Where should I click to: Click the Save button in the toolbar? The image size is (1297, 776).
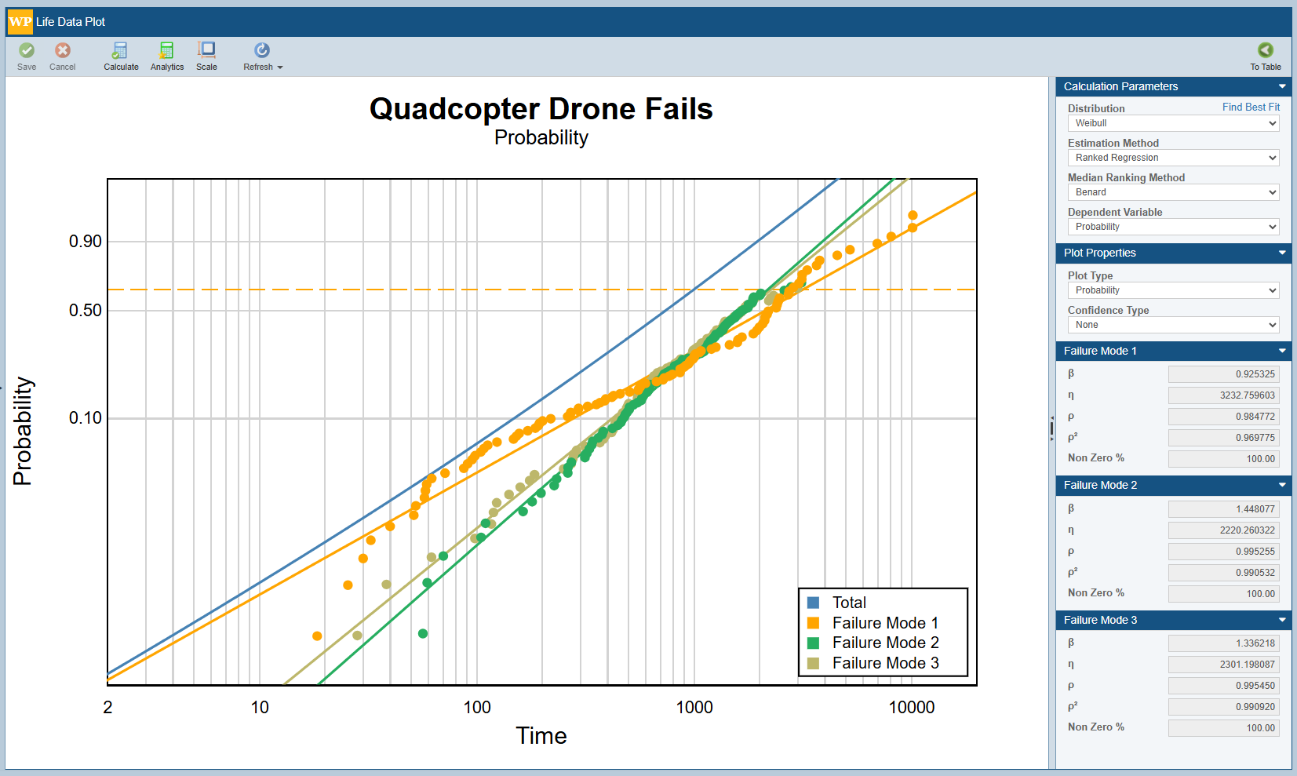[27, 56]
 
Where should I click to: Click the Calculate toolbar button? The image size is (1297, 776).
[121, 56]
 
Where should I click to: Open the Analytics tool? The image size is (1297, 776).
[167, 56]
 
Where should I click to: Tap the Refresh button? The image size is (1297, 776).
[262, 56]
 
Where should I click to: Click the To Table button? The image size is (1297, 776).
[1265, 56]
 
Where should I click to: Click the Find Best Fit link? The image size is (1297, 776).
[1251, 107]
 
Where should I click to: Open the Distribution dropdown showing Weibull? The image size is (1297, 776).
[1173, 123]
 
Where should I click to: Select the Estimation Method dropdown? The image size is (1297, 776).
[1173, 158]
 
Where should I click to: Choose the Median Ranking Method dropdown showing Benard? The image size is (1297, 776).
[1173, 192]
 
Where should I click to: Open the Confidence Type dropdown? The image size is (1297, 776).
[1173, 325]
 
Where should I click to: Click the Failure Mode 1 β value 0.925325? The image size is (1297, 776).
[1223, 374]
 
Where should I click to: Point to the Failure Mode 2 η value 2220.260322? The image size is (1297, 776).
[1223, 530]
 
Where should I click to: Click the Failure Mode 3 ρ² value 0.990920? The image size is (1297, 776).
[1223, 707]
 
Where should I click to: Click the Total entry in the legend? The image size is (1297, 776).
[848, 603]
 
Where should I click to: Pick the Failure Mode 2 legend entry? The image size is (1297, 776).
[884, 643]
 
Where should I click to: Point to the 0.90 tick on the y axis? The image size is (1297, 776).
[86, 242]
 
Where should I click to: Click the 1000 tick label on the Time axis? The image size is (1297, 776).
[694, 708]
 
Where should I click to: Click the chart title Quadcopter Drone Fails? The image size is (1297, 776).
[541, 109]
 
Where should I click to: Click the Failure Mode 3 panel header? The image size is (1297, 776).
[1173, 620]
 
